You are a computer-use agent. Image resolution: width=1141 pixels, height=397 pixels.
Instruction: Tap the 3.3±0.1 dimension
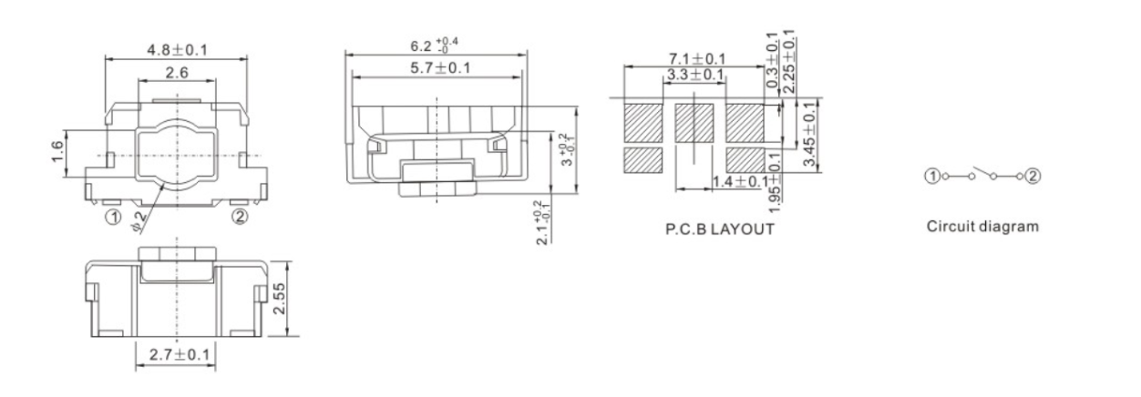coord(694,74)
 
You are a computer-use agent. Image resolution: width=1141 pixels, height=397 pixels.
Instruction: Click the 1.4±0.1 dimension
coord(735,182)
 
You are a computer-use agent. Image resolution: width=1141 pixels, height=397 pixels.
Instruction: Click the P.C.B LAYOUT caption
coord(720,229)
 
